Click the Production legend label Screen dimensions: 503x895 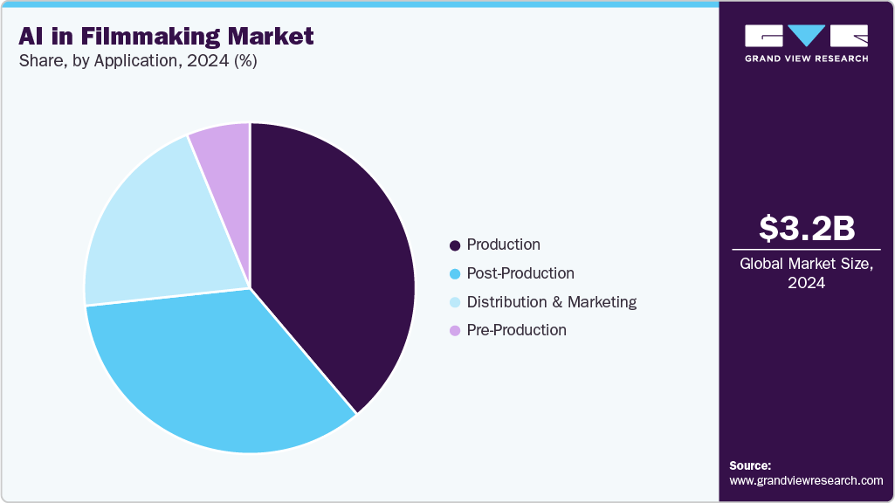coord(503,245)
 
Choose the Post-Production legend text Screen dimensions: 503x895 coord(520,273)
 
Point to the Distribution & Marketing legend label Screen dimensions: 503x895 coord(551,302)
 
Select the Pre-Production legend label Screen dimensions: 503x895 coord(516,330)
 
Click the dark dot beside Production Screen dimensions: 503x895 coord(455,245)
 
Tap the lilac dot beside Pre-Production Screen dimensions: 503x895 coord(455,331)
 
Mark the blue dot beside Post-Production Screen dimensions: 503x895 coord(455,274)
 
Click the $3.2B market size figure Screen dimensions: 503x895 coord(806,228)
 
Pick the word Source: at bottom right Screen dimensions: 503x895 coord(750,465)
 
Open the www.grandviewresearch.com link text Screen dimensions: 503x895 coord(806,481)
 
